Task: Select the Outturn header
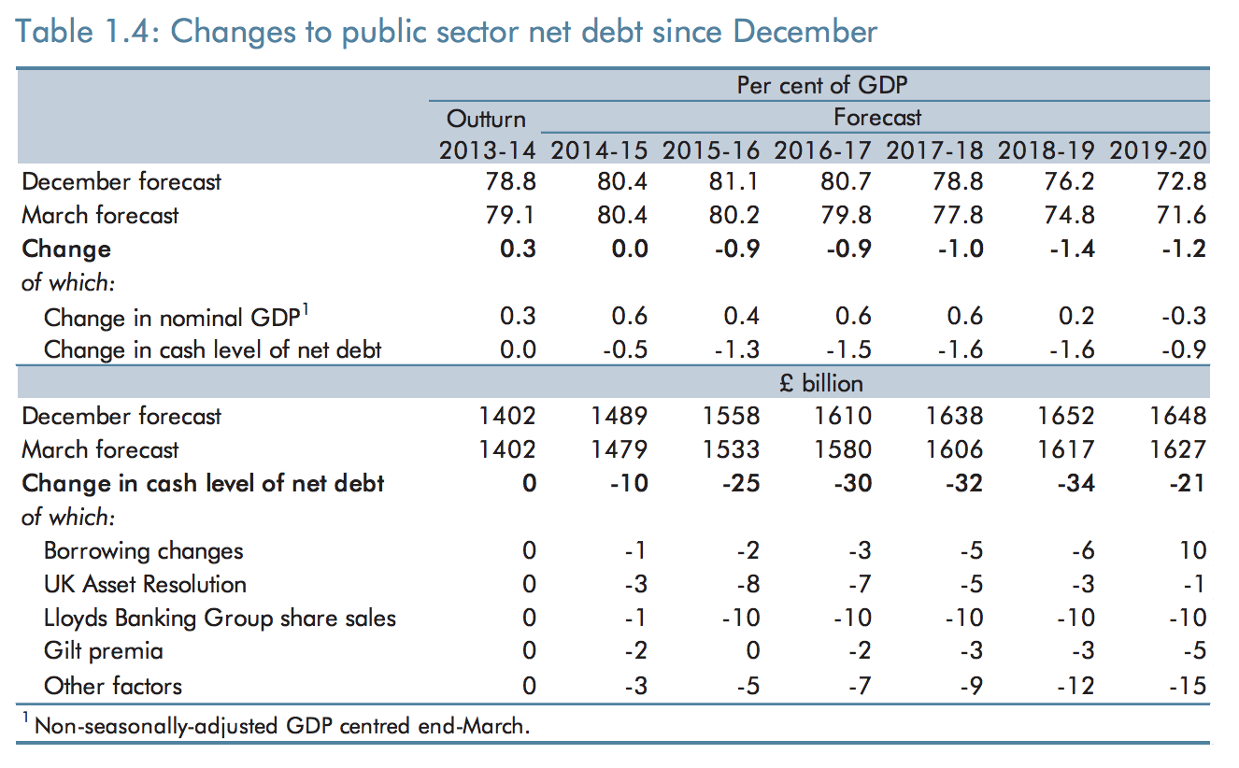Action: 486,119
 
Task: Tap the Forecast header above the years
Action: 877,118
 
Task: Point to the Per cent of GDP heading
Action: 822,85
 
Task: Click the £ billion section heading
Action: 821,383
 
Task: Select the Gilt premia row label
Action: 104,651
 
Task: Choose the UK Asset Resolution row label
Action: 145,584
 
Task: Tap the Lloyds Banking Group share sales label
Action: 220,618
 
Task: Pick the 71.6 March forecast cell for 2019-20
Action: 1182,215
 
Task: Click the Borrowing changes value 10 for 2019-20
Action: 1192,550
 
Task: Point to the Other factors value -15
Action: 1187,686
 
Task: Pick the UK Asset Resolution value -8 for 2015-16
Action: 747,584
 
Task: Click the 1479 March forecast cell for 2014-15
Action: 620,449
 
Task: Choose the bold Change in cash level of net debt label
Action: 203,483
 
